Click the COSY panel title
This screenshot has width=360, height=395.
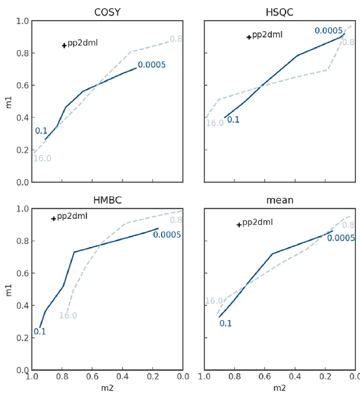coord(107,12)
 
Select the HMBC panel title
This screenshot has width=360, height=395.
coord(107,200)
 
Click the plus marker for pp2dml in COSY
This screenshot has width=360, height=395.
coord(64,45)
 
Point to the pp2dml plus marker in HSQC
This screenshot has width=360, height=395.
coord(249,37)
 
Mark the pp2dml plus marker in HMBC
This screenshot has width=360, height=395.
coord(53,218)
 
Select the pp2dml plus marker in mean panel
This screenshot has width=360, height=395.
coord(239,225)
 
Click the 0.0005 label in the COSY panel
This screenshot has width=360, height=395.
coord(151,64)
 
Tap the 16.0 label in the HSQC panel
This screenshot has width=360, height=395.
coord(215,123)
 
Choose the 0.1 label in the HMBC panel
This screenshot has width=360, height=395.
coord(40,332)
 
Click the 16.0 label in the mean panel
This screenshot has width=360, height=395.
coord(214,301)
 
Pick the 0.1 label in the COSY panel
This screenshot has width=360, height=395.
coord(41,131)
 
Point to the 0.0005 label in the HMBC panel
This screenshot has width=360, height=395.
coord(167,234)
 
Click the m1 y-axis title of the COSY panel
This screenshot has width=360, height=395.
coord(8,101)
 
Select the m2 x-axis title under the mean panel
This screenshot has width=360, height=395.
coord(279,388)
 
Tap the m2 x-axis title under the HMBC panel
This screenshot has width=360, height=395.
coord(107,388)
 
